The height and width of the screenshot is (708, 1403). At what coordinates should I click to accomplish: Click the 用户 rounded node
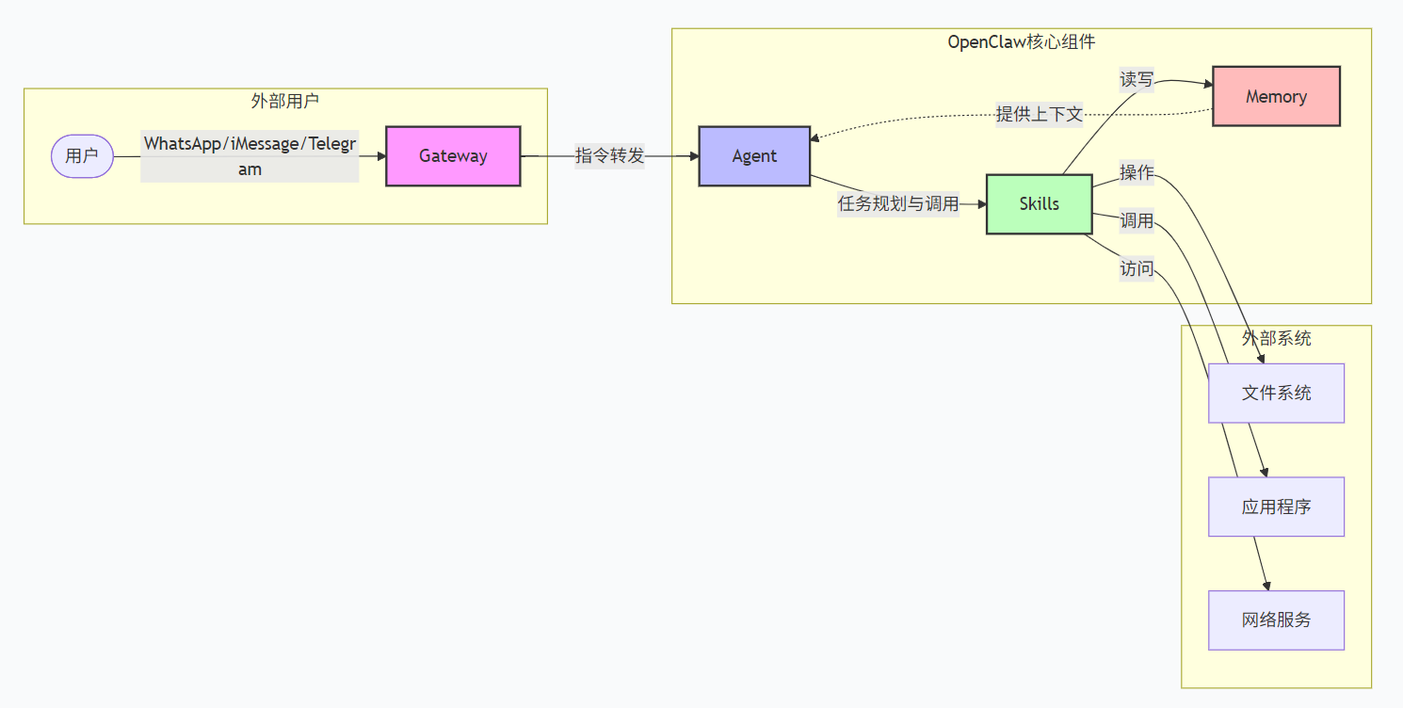coord(82,156)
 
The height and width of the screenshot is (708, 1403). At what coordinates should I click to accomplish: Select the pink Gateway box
coord(453,156)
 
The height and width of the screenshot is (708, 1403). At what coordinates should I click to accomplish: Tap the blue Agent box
coord(754,156)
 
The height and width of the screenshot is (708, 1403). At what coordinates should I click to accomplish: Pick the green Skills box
coord(1039,203)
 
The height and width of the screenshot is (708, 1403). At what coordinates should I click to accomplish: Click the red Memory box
coord(1276,96)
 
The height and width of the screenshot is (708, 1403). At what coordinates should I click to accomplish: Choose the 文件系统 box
coord(1276,393)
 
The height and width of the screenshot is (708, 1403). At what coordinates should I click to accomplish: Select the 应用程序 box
coord(1276,507)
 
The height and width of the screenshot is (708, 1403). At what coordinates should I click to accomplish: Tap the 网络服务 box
coord(1276,620)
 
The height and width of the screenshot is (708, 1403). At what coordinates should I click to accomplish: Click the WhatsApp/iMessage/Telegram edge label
coord(250,156)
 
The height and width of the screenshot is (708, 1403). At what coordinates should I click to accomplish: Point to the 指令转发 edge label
coord(609,156)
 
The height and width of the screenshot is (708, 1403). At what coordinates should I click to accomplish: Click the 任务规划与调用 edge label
coord(898,203)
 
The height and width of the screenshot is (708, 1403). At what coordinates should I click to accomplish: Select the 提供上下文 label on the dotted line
coord(1040,115)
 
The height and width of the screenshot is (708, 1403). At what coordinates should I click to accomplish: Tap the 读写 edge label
coord(1137,80)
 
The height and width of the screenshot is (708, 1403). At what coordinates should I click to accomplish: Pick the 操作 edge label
coord(1137,173)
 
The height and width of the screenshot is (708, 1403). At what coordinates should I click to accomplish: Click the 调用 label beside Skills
coord(1137,221)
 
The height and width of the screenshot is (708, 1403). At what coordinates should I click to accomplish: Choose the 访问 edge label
coord(1137,269)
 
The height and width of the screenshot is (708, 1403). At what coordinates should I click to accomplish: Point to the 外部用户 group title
coord(285,101)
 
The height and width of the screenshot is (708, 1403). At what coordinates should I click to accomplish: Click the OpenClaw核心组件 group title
coord(1022,41)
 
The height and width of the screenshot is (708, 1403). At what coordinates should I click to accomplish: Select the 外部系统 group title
coord(1276,338)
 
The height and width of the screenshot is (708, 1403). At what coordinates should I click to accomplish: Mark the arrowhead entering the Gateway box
coord(381,156)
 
